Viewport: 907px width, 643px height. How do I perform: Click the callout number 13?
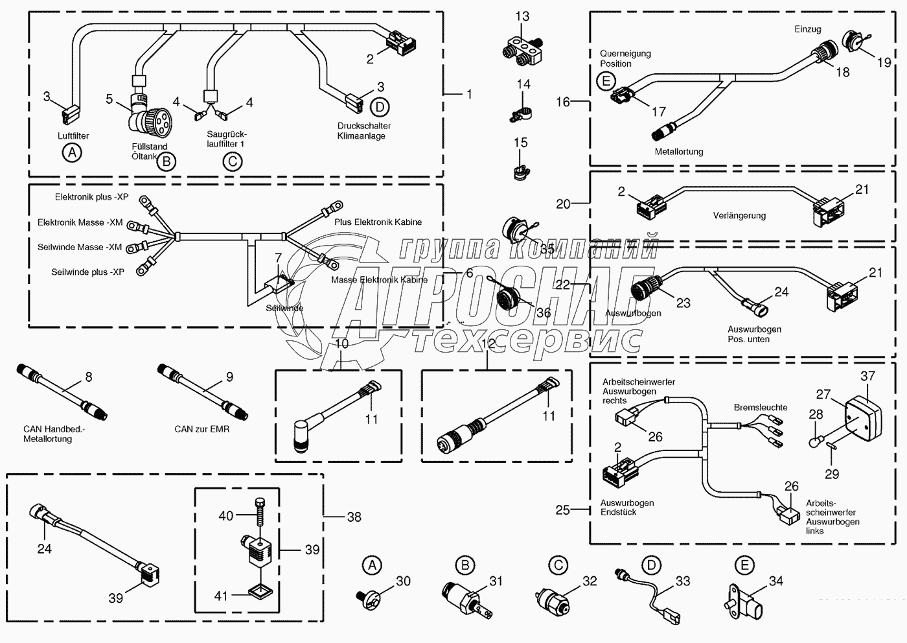tap(522, 16)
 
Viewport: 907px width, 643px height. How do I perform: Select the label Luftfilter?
tap(73, 136)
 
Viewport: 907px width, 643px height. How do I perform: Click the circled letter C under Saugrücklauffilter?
tap(233, 161)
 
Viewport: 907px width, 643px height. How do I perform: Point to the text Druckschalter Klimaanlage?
tap(363, 131)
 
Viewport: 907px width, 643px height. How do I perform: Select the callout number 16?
tap(562, 102)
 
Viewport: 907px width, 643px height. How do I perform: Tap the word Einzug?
tap(807, 29)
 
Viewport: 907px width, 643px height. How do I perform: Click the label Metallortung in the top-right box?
tap(679, 152)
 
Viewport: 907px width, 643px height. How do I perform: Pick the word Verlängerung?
tap(739, 215)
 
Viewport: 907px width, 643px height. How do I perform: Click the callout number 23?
tap(683, 303)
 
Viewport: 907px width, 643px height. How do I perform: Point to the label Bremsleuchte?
tap(761, 408)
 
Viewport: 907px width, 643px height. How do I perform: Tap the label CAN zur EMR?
tap(201, 429)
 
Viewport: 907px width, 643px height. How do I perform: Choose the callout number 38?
tap(354, 517)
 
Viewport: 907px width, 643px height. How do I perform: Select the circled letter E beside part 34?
tap(744, 565)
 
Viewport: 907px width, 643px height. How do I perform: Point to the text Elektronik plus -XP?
tap(91, 196)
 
